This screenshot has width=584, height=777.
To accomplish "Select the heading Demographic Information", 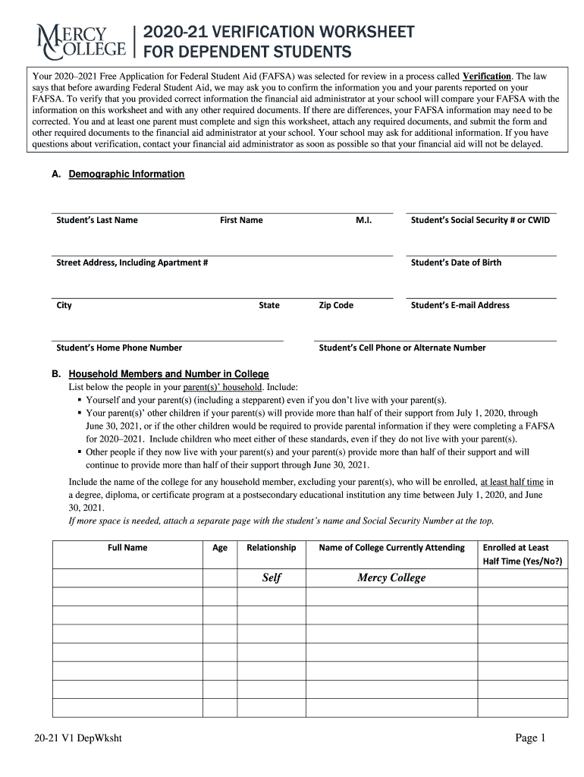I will [126, 175].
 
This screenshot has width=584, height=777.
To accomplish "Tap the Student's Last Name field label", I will [97, 220].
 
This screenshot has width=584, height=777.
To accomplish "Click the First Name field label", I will [241, 220].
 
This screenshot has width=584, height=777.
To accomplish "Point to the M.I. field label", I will [363, 220].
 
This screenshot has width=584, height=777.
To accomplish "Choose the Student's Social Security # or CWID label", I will [480, 220].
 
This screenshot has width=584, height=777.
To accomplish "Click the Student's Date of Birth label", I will [456, 263].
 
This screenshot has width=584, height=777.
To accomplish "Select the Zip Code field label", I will [336, 305].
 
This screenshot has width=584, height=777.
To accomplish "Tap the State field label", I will [268, 305].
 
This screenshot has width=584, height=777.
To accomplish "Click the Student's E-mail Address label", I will [460, 305].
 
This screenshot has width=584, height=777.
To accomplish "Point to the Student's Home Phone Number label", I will [119, 348].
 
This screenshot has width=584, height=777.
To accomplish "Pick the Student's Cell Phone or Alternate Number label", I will [402, 348].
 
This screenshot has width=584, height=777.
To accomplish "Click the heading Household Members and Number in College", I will [168, 374].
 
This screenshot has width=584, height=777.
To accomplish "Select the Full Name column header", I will [127, 547].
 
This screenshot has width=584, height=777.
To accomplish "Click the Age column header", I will [220, 547].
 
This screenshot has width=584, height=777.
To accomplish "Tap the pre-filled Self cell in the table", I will [272, 578].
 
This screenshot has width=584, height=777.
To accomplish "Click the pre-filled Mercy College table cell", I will [391, 578].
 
